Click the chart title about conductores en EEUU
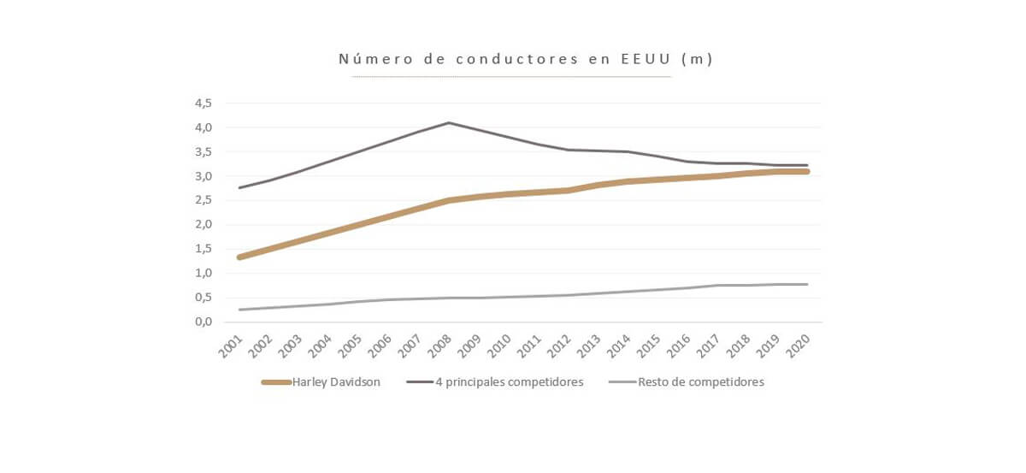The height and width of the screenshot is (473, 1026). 526,59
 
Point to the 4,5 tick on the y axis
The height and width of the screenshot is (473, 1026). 203,103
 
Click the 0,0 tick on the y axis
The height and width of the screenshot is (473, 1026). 203,322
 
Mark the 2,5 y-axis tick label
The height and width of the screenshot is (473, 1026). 203,201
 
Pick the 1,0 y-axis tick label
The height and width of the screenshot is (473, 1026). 203,274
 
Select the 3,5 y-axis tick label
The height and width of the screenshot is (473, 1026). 203,152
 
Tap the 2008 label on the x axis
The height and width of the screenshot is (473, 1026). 441,346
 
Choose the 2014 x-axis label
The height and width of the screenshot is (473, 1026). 620,346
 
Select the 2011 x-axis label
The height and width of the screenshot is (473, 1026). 531,346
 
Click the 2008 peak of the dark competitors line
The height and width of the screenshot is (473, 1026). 449,122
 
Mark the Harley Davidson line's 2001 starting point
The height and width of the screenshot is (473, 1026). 239,257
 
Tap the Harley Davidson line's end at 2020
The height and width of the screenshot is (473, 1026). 806,172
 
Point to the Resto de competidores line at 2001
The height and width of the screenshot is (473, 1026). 239,310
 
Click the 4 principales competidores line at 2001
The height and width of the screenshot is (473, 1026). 239,187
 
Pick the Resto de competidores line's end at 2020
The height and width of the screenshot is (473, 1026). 806,284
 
